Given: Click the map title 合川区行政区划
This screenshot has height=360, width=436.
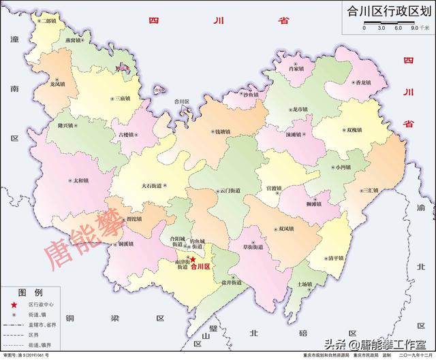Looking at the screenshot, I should [x=385, y=10].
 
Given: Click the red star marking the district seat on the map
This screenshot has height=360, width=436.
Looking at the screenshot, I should [x=193, y=260].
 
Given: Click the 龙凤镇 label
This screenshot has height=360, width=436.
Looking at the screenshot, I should [x=57, y=84].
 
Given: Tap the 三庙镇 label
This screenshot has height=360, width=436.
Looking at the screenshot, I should [x=123, y=99].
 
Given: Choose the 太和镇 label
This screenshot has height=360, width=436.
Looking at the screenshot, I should [x=80, y=180].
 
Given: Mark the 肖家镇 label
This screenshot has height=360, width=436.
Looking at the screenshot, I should [x=295, y=69].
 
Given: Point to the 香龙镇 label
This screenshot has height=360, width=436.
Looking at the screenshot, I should [x=362, y=82].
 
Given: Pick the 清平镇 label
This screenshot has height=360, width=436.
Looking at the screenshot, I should [x=335, y=259].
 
